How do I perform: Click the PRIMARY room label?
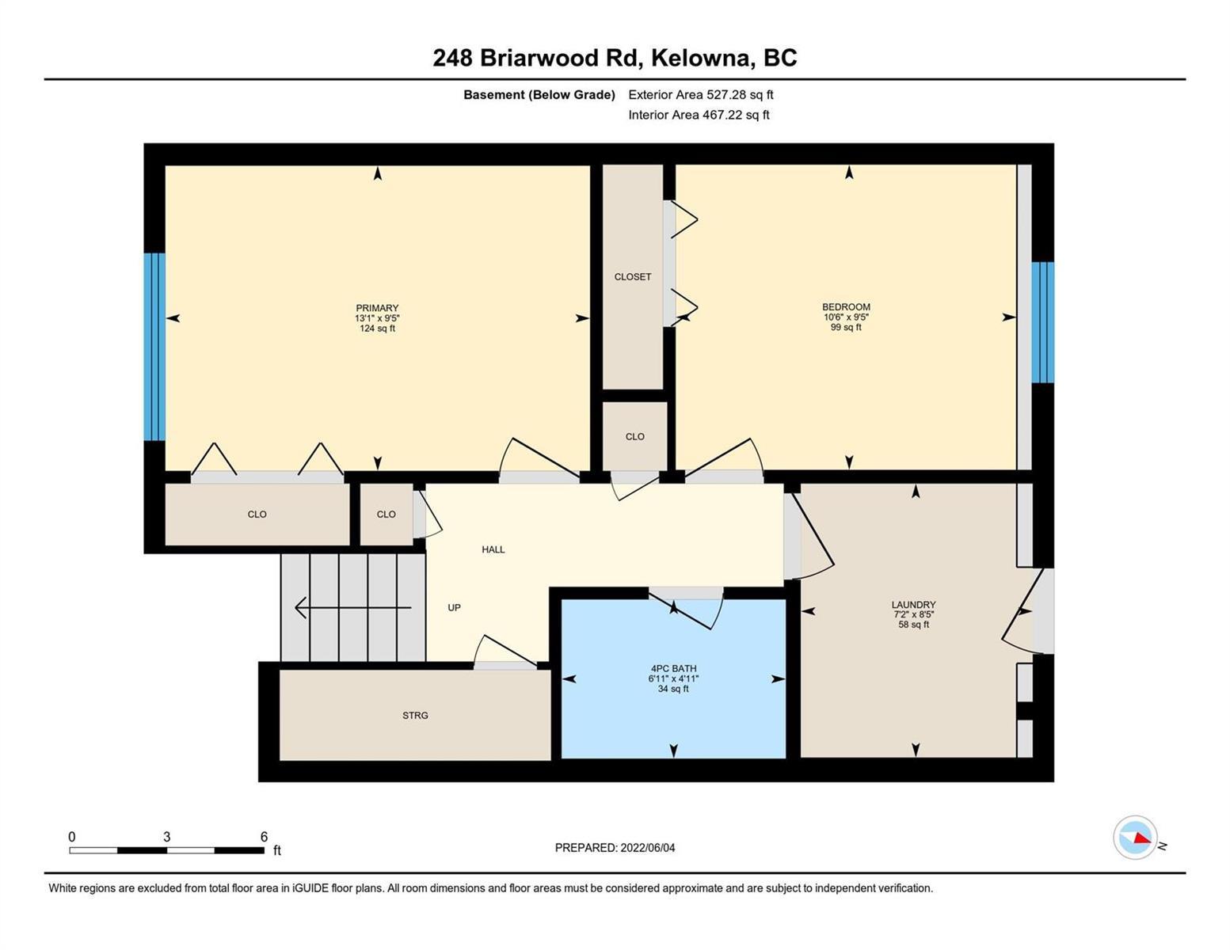(x=377, y=308)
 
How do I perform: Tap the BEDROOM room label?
(x=846, y=306)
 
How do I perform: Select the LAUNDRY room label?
(x=913, y=604)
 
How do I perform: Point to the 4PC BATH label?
(x=673, y=668)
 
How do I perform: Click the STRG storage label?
(x=415, y=715)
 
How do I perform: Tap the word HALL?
(x=493, y=549)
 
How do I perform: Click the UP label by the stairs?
(x=454, y=607)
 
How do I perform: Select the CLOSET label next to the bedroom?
(x=633, y=276)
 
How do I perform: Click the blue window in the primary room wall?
(x=154, y=346)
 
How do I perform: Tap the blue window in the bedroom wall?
(x=1042, y=322)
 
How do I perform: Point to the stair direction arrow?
(x=353, y=608)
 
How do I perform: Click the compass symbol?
(x=1134, y=838)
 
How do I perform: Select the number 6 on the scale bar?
(x=264, y=836)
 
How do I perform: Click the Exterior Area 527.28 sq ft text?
(x=701, y=94)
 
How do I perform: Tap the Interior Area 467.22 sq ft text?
(x=699, y=115)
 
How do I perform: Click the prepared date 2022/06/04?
(x=648, y=848)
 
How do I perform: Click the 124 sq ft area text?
(x=377, y=329)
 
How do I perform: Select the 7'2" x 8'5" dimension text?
(x=913, y=614)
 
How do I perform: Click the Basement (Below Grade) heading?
(x=539, y=94)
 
